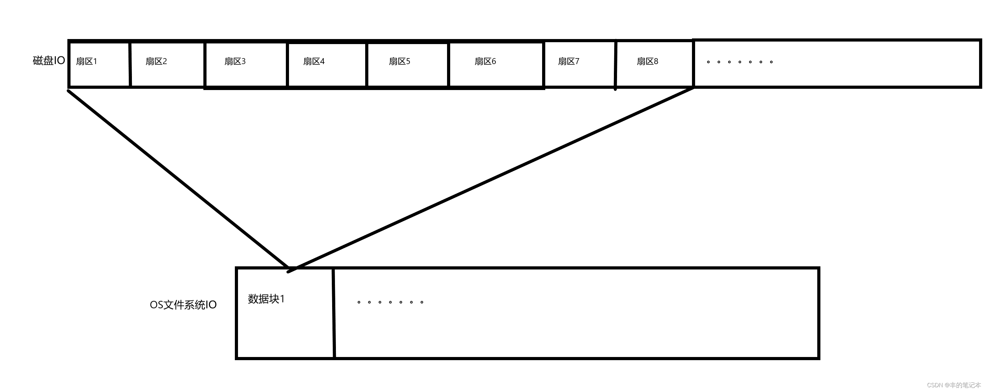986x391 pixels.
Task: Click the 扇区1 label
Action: point(87,61)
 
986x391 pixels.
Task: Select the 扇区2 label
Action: point(156,61)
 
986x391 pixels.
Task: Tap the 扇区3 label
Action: point(235,61)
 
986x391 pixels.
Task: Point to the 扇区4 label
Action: point(314,61)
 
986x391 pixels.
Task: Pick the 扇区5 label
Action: point(399,61)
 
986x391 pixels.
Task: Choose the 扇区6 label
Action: point(485,61)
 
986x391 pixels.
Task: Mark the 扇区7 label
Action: point(569,61)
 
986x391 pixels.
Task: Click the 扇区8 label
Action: point(648,61)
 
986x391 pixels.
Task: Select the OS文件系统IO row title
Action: point(183,305)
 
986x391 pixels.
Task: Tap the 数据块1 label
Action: point(266,299)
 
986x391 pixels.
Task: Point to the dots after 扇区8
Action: point(739,62)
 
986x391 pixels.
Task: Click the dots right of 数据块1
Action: point(390,302)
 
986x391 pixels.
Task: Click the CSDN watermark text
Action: point(954,385)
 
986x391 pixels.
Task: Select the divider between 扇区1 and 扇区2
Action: point(130,64)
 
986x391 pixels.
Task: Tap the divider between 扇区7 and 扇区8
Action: point(615,65)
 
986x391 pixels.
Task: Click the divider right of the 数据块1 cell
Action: point(334,313)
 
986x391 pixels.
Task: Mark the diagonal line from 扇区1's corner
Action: point(178,179)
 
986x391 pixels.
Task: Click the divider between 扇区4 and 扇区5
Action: point(367,64)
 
